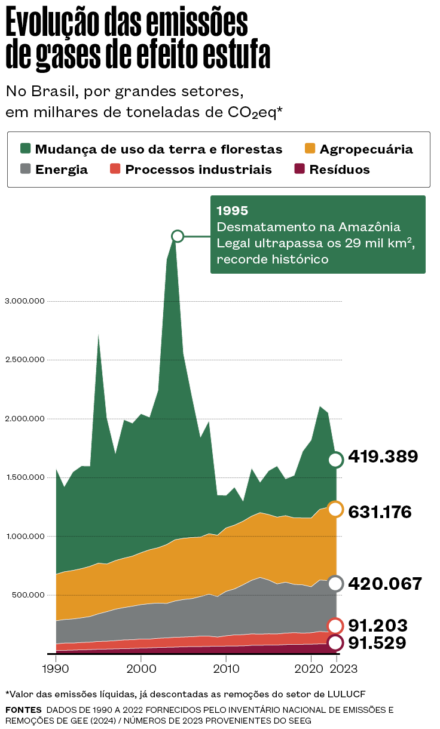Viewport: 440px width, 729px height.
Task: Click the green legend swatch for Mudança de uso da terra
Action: [x=25, y=149]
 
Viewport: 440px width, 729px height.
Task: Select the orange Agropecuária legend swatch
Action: [x=310, y=149]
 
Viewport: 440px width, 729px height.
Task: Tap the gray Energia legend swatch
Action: [x=25, y=169]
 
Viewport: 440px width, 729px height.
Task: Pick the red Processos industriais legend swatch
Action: [x=115, y=169]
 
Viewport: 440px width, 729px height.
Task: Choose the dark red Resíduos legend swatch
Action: [x=300, y=169]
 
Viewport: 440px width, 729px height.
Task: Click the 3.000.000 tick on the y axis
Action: [x=25, y=301]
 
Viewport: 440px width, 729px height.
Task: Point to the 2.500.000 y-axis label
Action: [x=25, y=360]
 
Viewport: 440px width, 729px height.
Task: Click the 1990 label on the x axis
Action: [x=56, y=667]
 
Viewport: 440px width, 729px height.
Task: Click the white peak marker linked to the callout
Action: [x=177, y=236]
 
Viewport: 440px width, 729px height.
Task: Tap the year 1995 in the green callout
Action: [x=232, y=211]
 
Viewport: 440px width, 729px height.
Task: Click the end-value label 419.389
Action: [x=383, y=457]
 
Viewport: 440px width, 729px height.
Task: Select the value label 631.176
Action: [x=380, y=511]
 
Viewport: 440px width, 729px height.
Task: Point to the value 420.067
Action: [x=385, y=584]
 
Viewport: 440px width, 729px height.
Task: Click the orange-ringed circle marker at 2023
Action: [x=335, y=509]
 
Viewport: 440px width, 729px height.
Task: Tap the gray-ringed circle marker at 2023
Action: [x=335, y=584]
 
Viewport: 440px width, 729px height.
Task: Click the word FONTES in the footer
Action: [x=23, y=710]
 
